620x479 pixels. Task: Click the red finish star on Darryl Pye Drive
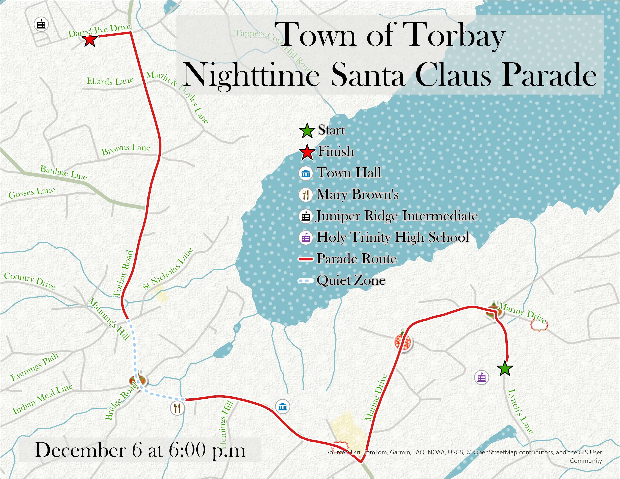pos(90,40)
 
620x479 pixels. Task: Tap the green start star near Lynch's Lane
pos(505,369)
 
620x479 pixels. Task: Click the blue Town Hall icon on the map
pos(282,407)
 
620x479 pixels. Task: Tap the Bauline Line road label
pos(63,172)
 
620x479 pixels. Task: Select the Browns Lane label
pos(126,149)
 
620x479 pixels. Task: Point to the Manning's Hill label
pos(109,319)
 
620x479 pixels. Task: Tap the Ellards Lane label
pos(110,81)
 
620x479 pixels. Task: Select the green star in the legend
pos(307,131)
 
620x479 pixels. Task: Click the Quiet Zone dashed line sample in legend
pos(305,281)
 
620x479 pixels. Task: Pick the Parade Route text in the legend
pos(357,259)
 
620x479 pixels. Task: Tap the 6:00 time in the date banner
pos(187,450)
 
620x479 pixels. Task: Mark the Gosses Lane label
pos(32,193)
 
